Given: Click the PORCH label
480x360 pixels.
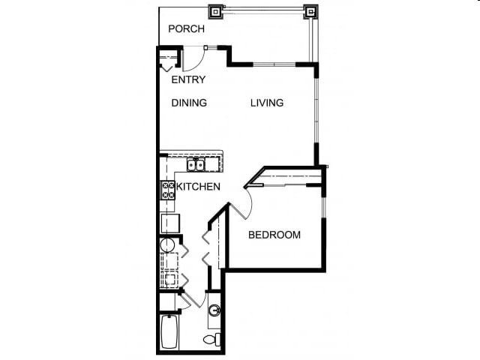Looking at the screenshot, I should pyautogui.click(x=187, y=29).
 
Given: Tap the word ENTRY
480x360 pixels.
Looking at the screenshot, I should pyautogui.click(x=188, y=79).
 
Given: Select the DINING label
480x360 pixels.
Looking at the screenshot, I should pyautogui.click(x=188, y=103).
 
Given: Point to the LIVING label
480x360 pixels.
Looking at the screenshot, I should pyautogui.click(x=267, y=103).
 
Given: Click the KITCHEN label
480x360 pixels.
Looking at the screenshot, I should pyautogui.click(x=198, y=187).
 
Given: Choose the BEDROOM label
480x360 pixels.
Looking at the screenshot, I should pyautogui.click(x=274, y=235).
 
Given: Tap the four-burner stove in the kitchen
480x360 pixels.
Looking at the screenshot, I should pyautogui.click(x=166, y=190).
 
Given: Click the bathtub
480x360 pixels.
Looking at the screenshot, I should pyautogui.click(x=169, y=332).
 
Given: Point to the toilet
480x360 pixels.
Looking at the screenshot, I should pyautogui.click(x=212, y=340).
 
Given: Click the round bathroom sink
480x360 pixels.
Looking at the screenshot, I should pyautogui.click(x=214, y=310).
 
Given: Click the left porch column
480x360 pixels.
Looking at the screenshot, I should pyautogui.click(x=216, y=11).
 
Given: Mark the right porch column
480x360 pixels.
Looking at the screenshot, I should pyautogui.click(x=310, y=11).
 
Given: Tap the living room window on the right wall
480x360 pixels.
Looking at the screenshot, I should pyautogui.click(x=316, y=112).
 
